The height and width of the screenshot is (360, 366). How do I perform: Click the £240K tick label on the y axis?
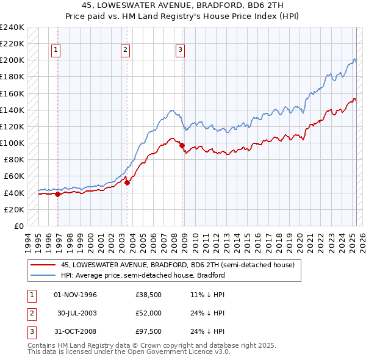click(12, 27)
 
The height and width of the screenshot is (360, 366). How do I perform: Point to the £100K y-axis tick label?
click(12, 143)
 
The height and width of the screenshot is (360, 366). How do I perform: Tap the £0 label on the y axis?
click(19, 226)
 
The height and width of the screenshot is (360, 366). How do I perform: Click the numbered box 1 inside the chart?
click(56, 51)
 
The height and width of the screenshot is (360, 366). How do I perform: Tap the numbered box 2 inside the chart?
click(125, 51)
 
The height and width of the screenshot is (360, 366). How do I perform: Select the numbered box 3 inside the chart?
click(181, 51)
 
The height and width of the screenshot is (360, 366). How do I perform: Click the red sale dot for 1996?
click(58, 194)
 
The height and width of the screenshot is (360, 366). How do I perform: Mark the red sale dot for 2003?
click(127, 182)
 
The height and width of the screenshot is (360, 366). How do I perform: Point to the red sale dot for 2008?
click(182, 145)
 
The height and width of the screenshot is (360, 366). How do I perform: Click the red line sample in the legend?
click(43, 265)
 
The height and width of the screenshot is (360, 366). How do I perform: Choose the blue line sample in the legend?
click(43, 275)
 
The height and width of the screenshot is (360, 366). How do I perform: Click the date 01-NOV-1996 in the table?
click(76, 295)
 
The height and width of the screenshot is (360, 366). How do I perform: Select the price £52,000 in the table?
click(149, 313)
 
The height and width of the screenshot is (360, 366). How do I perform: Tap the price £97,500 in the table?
click(149, 331)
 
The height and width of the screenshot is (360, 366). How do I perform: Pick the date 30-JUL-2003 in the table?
click(76, 313)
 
